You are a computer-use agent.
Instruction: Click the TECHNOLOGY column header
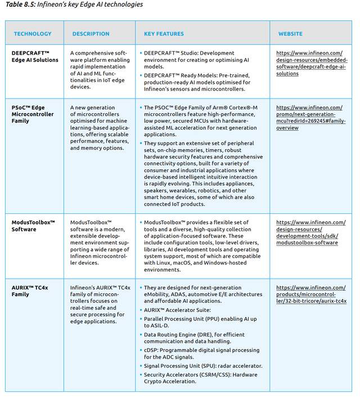pyautogui.click(x=32, y=34)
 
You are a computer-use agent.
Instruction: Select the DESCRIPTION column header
pyautogui.click(x=91, y=34)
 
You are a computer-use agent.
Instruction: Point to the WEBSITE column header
pyautogui.click(x=290, y=34)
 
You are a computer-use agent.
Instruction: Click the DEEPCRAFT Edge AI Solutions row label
pyautogui.click(x=35, y=56)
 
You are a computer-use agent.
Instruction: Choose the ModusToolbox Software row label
pyautogui.click(x=34, y=226)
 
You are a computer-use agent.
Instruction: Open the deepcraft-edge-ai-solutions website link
pyautogui.click(x=312, y=63)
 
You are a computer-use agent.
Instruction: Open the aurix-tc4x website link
pyautogui.click(x=312, y=294)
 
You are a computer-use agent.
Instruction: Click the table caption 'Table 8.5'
pyautogui.click(x=73, y=5)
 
